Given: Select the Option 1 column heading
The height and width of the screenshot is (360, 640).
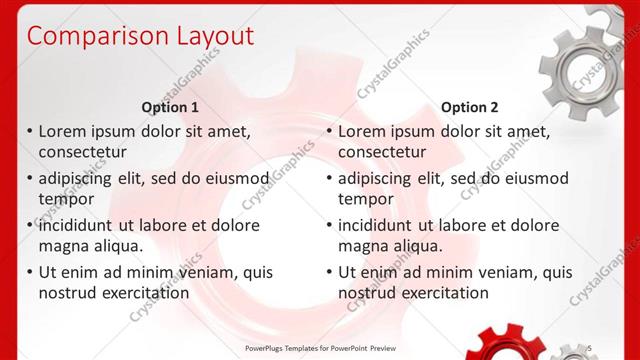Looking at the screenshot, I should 170,107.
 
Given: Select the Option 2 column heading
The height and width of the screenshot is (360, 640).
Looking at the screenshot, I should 469,107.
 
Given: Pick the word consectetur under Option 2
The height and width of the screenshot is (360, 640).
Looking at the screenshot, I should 382,152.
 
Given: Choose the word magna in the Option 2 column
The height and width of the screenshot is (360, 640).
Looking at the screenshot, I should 362,246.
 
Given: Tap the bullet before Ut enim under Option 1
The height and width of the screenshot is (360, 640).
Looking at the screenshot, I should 29,272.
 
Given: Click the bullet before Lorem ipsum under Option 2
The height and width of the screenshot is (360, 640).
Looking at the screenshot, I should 329,131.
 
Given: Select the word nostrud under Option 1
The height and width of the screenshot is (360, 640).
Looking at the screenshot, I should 68,293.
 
